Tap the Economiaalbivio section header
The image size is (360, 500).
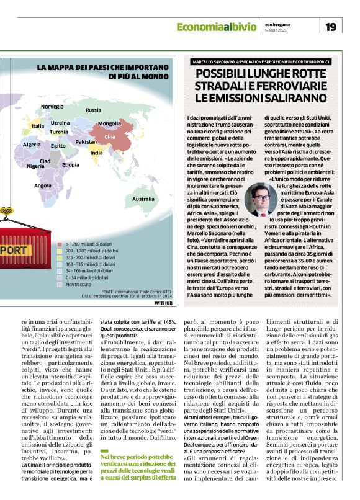pos(215,27)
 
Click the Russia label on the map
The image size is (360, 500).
pos(93,110)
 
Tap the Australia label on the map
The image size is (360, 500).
pos(143,199)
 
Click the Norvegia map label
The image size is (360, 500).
pos(52,107)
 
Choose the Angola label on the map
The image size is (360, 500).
pos(43,185)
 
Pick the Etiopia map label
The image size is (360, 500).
pos(70,164)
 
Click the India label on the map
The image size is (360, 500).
pos(96,153)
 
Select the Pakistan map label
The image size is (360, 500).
pos(86,142)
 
